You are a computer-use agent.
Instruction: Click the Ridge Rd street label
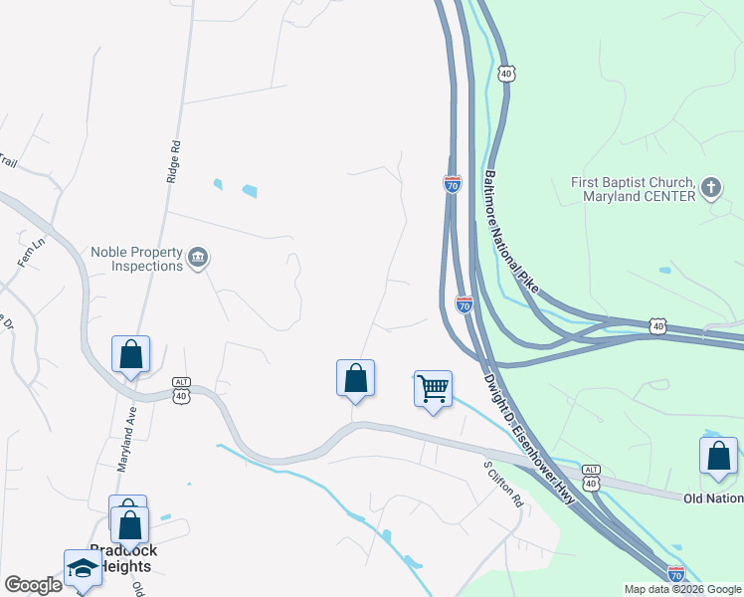[175, 159]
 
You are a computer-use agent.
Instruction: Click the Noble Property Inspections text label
[136, 259]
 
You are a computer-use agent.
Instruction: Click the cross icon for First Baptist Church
[711, 188]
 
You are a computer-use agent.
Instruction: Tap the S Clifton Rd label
[503, 484]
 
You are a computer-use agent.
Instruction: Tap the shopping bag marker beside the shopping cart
[355, 378]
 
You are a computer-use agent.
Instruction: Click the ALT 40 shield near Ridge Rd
[181, 389]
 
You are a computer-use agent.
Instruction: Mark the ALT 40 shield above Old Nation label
[591, 477]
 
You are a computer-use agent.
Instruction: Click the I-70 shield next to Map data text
[675, 574]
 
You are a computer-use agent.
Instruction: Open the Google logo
[33, 585]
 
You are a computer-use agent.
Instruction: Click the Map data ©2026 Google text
[682, 589]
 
